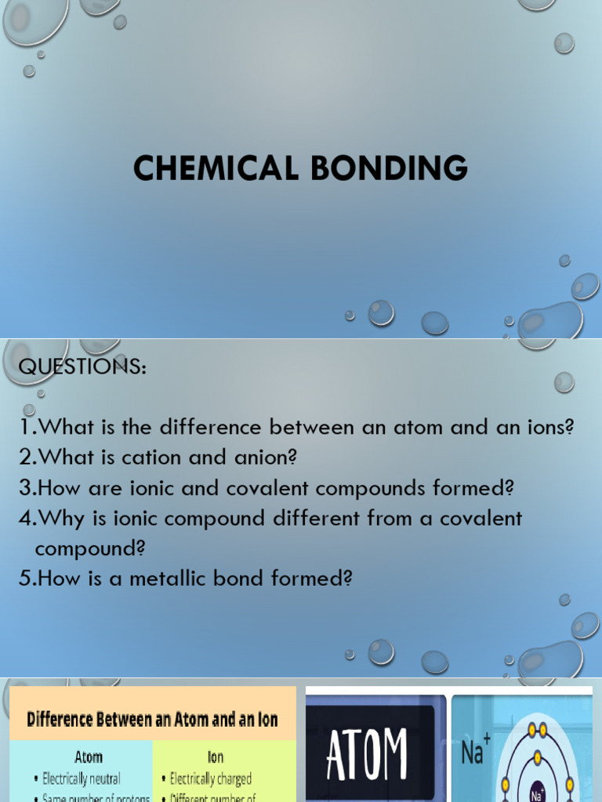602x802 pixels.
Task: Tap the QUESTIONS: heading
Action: click(82, 367)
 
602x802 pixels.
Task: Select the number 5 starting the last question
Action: click(25, 579)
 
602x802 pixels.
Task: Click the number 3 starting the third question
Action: click(25, 488)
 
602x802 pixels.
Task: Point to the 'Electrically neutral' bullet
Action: click(82, 779)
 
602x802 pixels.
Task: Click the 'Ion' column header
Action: click(216, 757)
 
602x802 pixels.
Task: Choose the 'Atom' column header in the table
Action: click(89, 757)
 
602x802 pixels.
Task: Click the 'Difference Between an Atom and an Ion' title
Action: click(152, 719)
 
